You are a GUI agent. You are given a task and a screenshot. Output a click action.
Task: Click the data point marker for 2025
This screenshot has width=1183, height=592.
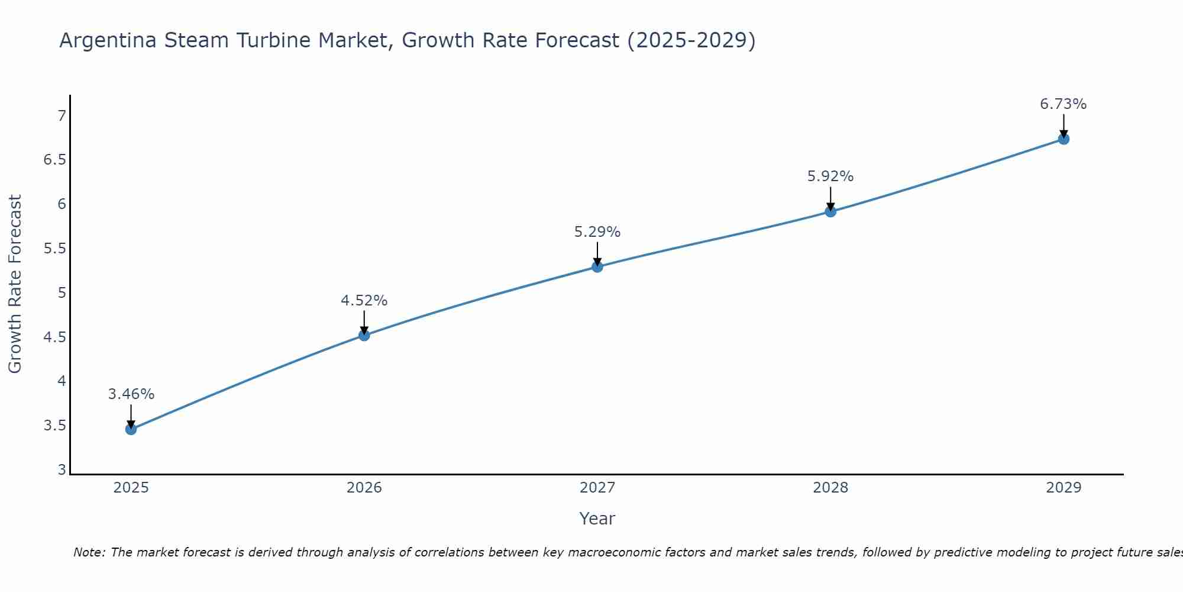[x=131, y=429]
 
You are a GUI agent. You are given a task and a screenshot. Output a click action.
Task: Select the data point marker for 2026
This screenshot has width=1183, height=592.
[x=364, y=336]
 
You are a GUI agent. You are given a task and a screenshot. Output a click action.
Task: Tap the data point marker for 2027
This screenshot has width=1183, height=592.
[x=597, y=267]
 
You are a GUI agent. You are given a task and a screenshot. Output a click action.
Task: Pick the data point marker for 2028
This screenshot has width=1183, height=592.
[x=830, y=211]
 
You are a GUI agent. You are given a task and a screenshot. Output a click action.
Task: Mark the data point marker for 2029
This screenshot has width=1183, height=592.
[x=1064, y=139]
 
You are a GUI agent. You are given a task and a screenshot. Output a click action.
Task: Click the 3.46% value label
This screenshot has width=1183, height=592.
[x=131, y=394]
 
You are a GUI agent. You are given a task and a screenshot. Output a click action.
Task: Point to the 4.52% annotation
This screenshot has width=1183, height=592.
[x=364, y=301]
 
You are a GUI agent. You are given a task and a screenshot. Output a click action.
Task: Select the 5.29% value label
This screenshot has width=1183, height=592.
[x=597, y=232]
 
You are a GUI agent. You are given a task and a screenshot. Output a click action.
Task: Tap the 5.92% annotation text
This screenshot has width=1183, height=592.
[x=830, y=176]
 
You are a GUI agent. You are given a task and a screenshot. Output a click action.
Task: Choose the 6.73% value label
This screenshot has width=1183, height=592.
[x=1064, y=104]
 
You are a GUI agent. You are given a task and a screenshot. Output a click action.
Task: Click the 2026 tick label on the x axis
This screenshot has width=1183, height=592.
[x=364, y=488]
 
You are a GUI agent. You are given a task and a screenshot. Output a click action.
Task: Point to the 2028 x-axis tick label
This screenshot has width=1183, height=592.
[x=830, y=488]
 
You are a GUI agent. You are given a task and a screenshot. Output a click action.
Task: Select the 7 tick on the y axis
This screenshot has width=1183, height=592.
[x=62, y=115]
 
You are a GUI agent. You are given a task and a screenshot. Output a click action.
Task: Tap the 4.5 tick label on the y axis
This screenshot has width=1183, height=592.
[x=55, y=337]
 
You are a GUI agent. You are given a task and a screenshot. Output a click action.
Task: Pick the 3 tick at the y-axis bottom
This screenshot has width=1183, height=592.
[x=62, y=469]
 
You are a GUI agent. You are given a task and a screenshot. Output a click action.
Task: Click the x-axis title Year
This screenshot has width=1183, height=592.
[x=597, y=519]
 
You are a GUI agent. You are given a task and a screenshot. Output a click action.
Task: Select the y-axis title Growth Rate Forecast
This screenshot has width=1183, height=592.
[x=15, y=284]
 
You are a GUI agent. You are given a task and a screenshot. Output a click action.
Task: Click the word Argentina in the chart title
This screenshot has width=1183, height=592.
[x=108, y=41]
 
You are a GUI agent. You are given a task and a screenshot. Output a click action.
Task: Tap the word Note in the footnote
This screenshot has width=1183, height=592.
[x=89, y=552]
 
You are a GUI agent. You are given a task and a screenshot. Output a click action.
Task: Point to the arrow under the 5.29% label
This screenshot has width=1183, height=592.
[x=597, y=254]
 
